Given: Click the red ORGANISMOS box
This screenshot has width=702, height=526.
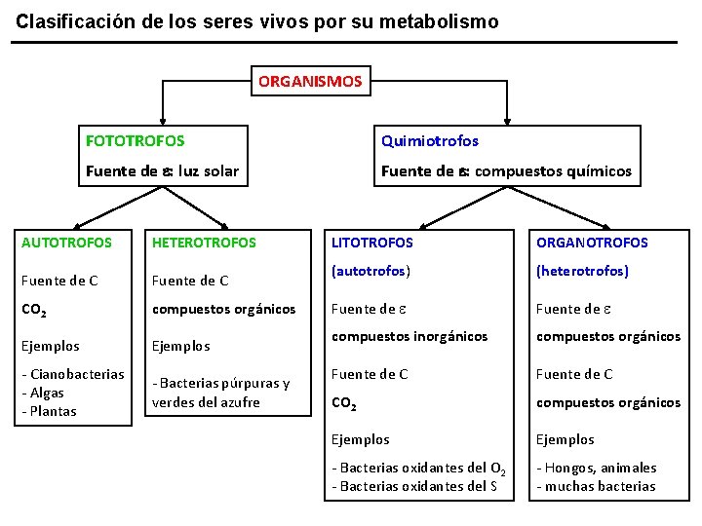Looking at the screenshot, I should (310, 81).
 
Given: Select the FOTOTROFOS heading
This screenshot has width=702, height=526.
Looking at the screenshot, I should (135, 141).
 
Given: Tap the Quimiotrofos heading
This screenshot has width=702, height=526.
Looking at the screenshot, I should (430, 141).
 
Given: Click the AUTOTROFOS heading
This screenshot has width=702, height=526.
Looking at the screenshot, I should (66, 243).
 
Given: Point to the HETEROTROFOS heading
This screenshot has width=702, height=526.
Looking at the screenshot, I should (204, 243).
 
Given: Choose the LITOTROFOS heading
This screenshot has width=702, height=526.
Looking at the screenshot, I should (372, 243).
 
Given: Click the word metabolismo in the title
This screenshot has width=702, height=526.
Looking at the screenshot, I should (438, 20).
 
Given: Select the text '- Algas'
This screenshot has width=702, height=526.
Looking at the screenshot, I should (43, 393).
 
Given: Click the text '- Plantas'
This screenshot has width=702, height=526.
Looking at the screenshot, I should (48, 411).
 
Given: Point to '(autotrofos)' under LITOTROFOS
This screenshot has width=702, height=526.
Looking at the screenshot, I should (370, 271).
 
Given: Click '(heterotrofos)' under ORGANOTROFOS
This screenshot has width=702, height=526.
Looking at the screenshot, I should (582, 271).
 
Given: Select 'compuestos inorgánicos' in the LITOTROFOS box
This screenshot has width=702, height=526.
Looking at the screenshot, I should (409, 336).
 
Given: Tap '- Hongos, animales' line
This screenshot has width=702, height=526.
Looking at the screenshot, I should (596, 468).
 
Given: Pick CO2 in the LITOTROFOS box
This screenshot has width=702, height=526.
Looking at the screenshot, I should (345, 402).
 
